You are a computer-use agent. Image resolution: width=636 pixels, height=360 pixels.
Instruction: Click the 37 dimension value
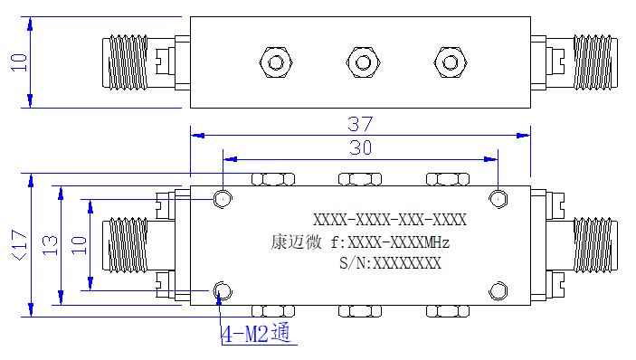pyautogui.click(x=360, y=124)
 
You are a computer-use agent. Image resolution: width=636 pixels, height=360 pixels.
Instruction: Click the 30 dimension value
pyautogui.click(x=360, y=148)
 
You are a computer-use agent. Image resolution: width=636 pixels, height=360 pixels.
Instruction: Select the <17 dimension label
pyautogui.click(x=19, y=245)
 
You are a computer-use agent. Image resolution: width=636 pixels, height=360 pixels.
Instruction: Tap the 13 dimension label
pyautogui.click(x=50, y=245)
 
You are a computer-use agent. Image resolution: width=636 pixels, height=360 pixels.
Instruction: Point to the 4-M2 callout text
pyautogui.click(x=256, y=333)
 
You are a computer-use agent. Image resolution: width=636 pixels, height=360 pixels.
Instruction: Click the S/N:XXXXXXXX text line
pyautogui.click(x=390, y=263)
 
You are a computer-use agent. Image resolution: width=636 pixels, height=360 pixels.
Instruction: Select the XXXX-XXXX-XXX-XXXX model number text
pyautogui.click(x=390, y=220)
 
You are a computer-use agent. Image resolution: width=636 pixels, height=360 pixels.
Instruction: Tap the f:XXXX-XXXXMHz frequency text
pyautogui.click(x=390, y=242)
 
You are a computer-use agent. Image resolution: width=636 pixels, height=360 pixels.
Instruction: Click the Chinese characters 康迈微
pyautogui.click(x=296, y=242)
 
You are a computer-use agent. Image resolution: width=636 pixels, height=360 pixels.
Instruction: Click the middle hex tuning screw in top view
pyautogui.click(x=363, y=62)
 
